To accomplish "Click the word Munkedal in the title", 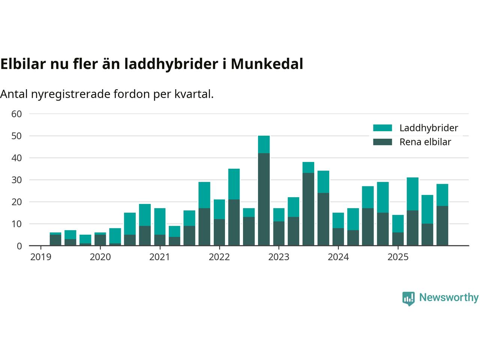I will (267, 64).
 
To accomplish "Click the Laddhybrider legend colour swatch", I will (382, 128).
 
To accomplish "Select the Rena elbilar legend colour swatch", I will (382, 142).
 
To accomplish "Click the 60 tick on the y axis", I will (17, 114).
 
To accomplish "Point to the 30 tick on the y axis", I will (17, 180).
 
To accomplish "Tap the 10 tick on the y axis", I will (17, 224).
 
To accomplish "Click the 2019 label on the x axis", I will (40, 257).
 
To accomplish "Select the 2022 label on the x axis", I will (219, 257).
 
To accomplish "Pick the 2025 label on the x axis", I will (397, 257).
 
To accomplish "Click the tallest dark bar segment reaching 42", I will (264, 199).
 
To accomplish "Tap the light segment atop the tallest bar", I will (264, 144).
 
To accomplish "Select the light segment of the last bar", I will (442, 195).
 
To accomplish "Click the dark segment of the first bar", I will (55, 240).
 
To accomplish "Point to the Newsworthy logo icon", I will (408, 298).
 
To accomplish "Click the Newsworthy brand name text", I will (448, 297).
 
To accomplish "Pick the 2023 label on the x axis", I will (279, 257).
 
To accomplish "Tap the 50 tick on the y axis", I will (17, 136).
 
